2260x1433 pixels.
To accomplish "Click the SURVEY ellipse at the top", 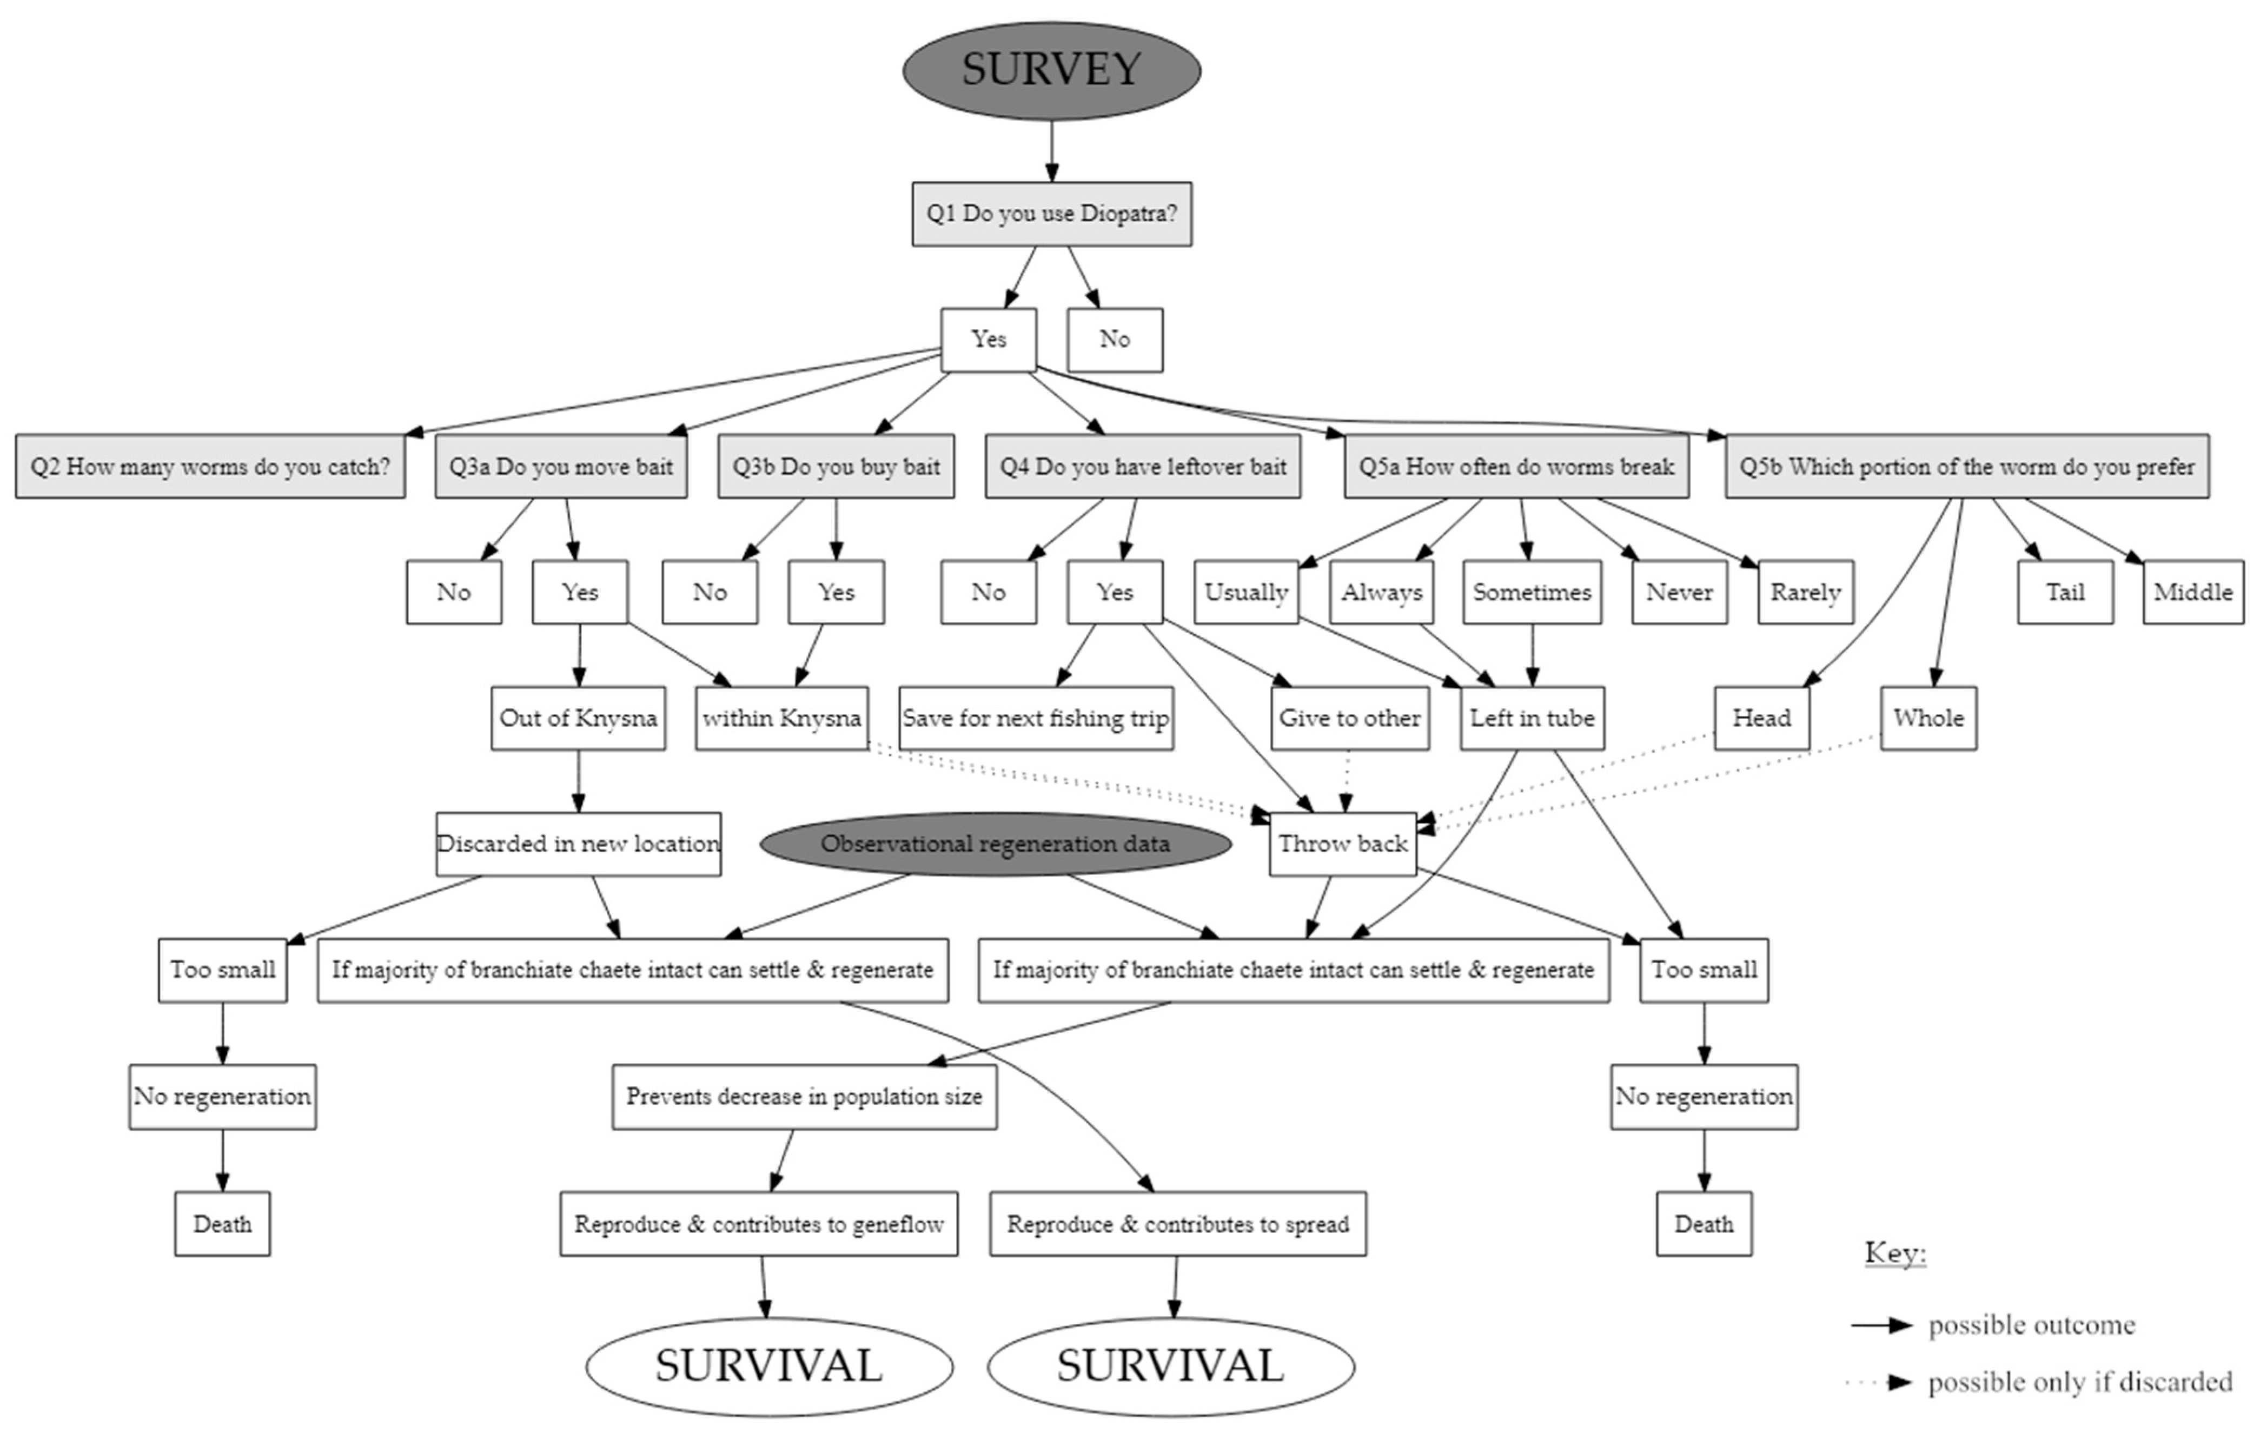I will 1051,70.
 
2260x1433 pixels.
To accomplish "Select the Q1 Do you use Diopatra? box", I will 1051,214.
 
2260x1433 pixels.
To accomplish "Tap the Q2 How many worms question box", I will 210,467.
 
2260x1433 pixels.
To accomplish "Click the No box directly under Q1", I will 1114,340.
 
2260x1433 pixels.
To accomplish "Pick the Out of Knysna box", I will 578,718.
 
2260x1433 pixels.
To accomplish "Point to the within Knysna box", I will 782,718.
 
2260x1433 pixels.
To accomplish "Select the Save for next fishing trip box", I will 1035,718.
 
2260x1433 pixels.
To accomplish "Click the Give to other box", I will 1350,718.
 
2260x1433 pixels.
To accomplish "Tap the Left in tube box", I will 1532,718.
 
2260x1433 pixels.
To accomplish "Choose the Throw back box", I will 1342,844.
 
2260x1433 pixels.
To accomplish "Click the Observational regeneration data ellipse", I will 995,844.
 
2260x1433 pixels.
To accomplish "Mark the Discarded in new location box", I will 578,844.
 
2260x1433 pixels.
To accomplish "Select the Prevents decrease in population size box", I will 804,1096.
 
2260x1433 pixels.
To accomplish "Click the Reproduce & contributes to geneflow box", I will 759,1224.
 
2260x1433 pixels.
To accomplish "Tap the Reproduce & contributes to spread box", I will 1178,1224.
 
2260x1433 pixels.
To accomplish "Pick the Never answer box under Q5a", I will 1679,592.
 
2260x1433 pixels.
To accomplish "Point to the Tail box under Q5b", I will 2065,592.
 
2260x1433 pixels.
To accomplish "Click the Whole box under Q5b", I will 1928,718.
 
